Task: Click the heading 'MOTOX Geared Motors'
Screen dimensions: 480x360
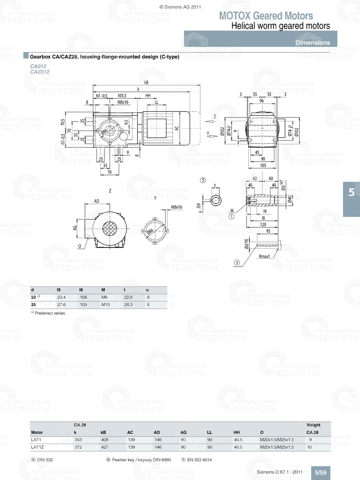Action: [266, 16]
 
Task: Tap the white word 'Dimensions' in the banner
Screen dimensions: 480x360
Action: [312, 42]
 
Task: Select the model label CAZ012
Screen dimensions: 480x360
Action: [40, 72]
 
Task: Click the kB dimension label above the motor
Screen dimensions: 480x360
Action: [146, 82]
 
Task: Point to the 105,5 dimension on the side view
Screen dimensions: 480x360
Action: [122, 96]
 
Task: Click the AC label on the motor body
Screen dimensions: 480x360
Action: [177, 128]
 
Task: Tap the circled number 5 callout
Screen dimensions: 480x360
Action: [203, 180]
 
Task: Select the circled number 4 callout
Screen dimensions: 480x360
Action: [237, 262]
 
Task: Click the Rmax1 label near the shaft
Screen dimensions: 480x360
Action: [264, 256]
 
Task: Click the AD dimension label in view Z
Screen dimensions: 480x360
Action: [96, 201]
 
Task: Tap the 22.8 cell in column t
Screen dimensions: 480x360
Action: [128, 297]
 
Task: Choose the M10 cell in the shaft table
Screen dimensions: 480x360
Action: [105, 304]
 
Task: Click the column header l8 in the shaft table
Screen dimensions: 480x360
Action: [81, 290]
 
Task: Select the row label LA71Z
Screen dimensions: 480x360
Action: [37, 447]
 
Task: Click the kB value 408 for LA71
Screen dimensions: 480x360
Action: [104, 440]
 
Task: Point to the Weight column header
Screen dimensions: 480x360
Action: [313, 425]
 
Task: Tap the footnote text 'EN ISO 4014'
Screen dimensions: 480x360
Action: [199, 459]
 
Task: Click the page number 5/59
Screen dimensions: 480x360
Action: [320, 472]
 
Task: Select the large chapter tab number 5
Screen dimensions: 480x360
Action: [351, 193]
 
